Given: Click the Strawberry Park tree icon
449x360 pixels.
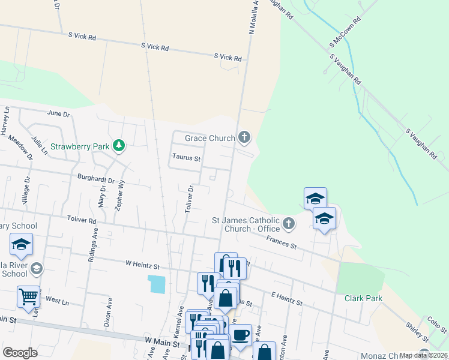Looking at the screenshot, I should (x=119, y=145).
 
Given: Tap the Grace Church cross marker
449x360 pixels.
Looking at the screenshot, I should (x=244, y=138).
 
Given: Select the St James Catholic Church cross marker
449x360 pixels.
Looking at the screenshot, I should (x=289, y=224).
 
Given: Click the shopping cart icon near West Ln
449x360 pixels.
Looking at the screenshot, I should (x=28, y=296).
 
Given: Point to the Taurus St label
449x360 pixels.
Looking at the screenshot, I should (x=186, y=158).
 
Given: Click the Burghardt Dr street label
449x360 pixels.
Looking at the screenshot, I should (x=96, y=178).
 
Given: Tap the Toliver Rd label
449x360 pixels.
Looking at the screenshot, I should (x=82, y=221).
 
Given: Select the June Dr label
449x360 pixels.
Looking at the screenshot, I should (x=58, y=113).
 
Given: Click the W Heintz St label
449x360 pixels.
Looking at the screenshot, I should (x=142, y=265).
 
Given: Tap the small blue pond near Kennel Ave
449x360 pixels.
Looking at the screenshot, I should (x=157, y=284).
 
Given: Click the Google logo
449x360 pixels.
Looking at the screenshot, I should (x=20, y=353).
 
